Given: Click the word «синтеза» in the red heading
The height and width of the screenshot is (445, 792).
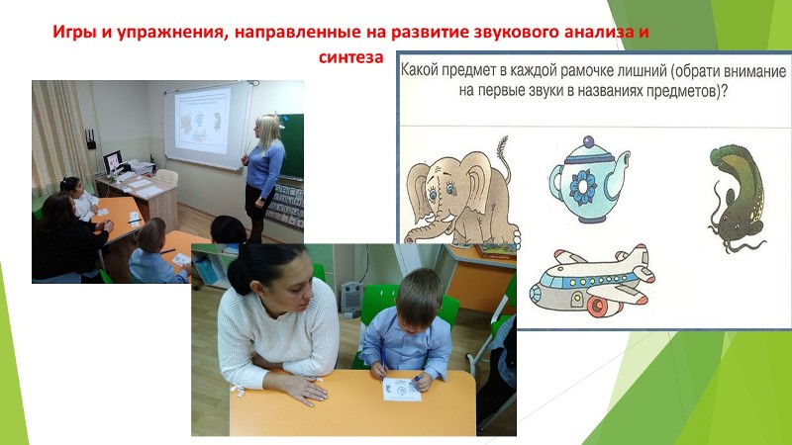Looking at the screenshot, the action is pyautogui.click(x=351, y=57).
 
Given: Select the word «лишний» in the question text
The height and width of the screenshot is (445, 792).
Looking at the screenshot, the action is pyautogui.click(x=630, y=70).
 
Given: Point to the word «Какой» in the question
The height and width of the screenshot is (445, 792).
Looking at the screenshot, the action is pyautogui.click(x=419, y=70).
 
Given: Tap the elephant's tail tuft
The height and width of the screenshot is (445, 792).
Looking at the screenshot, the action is pyautogui.click(x=502, y=146).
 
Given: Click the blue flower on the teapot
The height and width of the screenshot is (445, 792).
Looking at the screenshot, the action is pyautogui.click(x=583, y=187).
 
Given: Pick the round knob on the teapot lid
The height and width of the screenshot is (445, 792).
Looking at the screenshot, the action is pyautogui.click(x=588, y=141).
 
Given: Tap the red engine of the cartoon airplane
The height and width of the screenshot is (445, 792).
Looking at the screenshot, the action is pyautogui.click(x=600, y=307).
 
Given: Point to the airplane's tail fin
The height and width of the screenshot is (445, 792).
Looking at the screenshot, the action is pyautogui.click(x=638, y=256).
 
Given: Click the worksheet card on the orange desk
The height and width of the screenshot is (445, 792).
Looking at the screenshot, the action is pyautogui.click(x=402, y=390).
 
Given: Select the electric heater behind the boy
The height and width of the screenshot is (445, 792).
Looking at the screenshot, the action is pyautogui.click(x=351, y=300).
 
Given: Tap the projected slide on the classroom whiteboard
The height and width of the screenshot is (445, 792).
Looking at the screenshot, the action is pyautogui.click(x=203, y=121).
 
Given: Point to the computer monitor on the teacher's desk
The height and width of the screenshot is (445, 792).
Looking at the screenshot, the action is pyautogui.click(x=112, y=162).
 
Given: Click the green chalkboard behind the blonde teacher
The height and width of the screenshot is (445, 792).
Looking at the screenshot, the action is pyautogui.click(x=292, y=145).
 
